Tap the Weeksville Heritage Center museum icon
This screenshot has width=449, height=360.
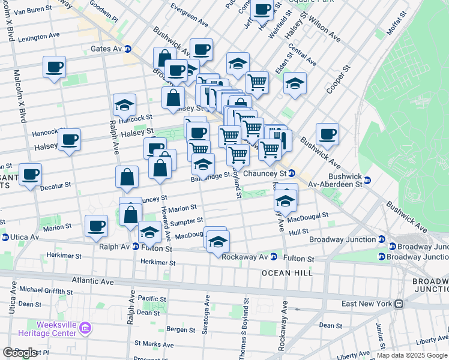85,329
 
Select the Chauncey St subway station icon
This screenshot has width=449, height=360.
292,174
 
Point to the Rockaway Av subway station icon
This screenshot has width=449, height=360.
273,257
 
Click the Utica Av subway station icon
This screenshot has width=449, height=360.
5,238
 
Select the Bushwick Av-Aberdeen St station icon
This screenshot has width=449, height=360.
367,180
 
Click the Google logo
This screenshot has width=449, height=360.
20,353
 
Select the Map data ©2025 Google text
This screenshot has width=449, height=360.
412,355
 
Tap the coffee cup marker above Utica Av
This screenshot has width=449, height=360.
96,226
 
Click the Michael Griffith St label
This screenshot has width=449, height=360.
46,290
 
